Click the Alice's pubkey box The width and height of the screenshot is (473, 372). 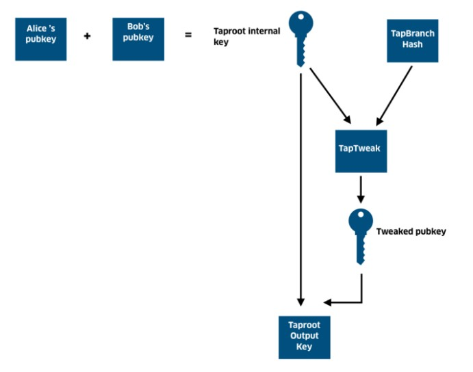[x=40, y=39]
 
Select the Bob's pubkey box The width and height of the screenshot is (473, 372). [x=138, y=39]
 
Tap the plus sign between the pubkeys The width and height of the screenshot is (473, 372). [x=87, y=36]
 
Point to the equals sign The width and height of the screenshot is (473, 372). [x=188, y=35]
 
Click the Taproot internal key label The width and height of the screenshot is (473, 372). [x=246, y=36]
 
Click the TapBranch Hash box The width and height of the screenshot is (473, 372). [x=412, y=41]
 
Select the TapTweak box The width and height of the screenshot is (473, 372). [x=361, y=151]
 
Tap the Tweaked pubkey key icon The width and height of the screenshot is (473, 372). [x=361, y=237]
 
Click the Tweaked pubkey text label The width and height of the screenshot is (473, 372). [x=411, y=232]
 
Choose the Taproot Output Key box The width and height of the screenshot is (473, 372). [x=305, y=337]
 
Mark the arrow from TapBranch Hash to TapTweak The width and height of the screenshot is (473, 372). [x=394, y=96]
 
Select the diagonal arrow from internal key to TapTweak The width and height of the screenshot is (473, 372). [x=331, y=96]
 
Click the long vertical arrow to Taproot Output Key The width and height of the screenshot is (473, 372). [x=301, y=190]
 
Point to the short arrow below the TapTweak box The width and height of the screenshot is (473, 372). [x=361, y=190]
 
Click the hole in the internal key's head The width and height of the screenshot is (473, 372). [x=301, y=17]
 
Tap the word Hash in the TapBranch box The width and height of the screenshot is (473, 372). [x=412, y=44]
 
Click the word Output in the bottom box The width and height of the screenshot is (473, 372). [x=305, y=336]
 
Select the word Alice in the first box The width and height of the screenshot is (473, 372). [x=36, y=29]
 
